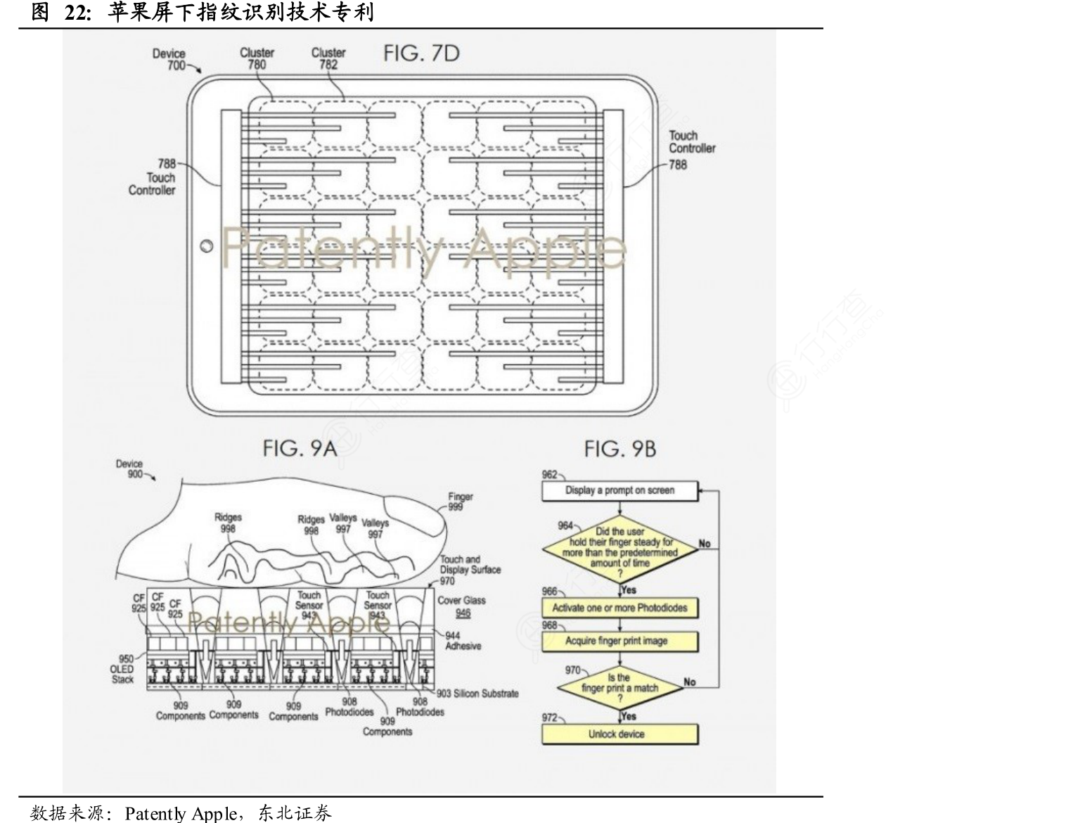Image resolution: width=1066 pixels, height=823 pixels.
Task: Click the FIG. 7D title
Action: click(x=421, y=54)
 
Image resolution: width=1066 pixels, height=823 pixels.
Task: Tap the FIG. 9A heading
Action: click(x=300, y=448)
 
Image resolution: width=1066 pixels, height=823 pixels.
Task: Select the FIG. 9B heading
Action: click(x=619, y=449)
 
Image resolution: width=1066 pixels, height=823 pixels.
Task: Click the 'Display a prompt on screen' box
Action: click(x=619, y=490)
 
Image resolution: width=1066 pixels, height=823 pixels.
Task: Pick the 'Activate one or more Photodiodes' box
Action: click(x=619, y=608)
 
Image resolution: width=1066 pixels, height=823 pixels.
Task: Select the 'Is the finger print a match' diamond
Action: click(x=619, y=688)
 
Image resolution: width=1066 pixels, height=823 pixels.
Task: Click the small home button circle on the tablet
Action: click(x=207, y=247)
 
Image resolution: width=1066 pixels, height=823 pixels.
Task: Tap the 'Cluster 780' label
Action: click(x=257, y=58)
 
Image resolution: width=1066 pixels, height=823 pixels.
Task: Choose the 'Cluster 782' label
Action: click(x=328, y=58)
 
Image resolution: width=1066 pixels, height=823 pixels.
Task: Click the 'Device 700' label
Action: click(x=169, y=59)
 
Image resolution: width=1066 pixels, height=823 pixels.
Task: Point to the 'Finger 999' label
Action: click(x=461, y=501)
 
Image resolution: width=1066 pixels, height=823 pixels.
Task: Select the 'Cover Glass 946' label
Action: click(x=461, y=606)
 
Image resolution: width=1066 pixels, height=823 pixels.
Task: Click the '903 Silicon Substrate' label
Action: click(x=477, y=694)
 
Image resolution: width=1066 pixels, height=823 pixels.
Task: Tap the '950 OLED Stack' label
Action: click(x=123, y=669)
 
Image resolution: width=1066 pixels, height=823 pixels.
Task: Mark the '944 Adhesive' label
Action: click(x=462, y=641)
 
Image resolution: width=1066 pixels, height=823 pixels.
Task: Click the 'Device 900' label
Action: click(x=129, y=468)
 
